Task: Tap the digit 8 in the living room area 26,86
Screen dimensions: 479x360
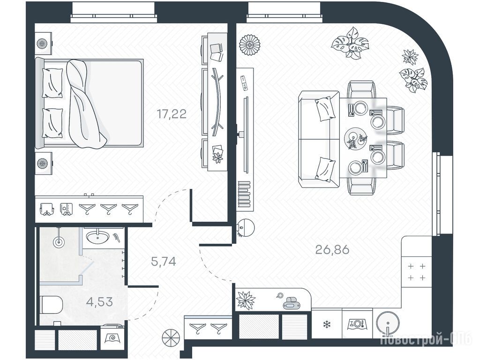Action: (x=337, y=250)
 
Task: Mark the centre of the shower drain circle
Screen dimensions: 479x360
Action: (x=59, y=242)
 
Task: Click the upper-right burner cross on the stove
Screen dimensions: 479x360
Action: (x=422, y=266)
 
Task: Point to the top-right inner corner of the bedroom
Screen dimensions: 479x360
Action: (x=227, y=24)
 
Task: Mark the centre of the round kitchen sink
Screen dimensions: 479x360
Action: (x=388, y=323)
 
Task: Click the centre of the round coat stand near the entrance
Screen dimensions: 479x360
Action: (x=171, y=338)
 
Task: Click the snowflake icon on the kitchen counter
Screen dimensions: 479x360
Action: (x=327, y=324)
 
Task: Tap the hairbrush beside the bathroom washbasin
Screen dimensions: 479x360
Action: (x=116, y=237)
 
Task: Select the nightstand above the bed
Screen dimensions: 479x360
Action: (x=44, y=44)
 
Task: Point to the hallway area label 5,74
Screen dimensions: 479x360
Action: (x=164, y=262)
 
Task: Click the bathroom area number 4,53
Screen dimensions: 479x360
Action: (x=99, y=302)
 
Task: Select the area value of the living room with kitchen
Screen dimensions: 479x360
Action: (x=332, y=250)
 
